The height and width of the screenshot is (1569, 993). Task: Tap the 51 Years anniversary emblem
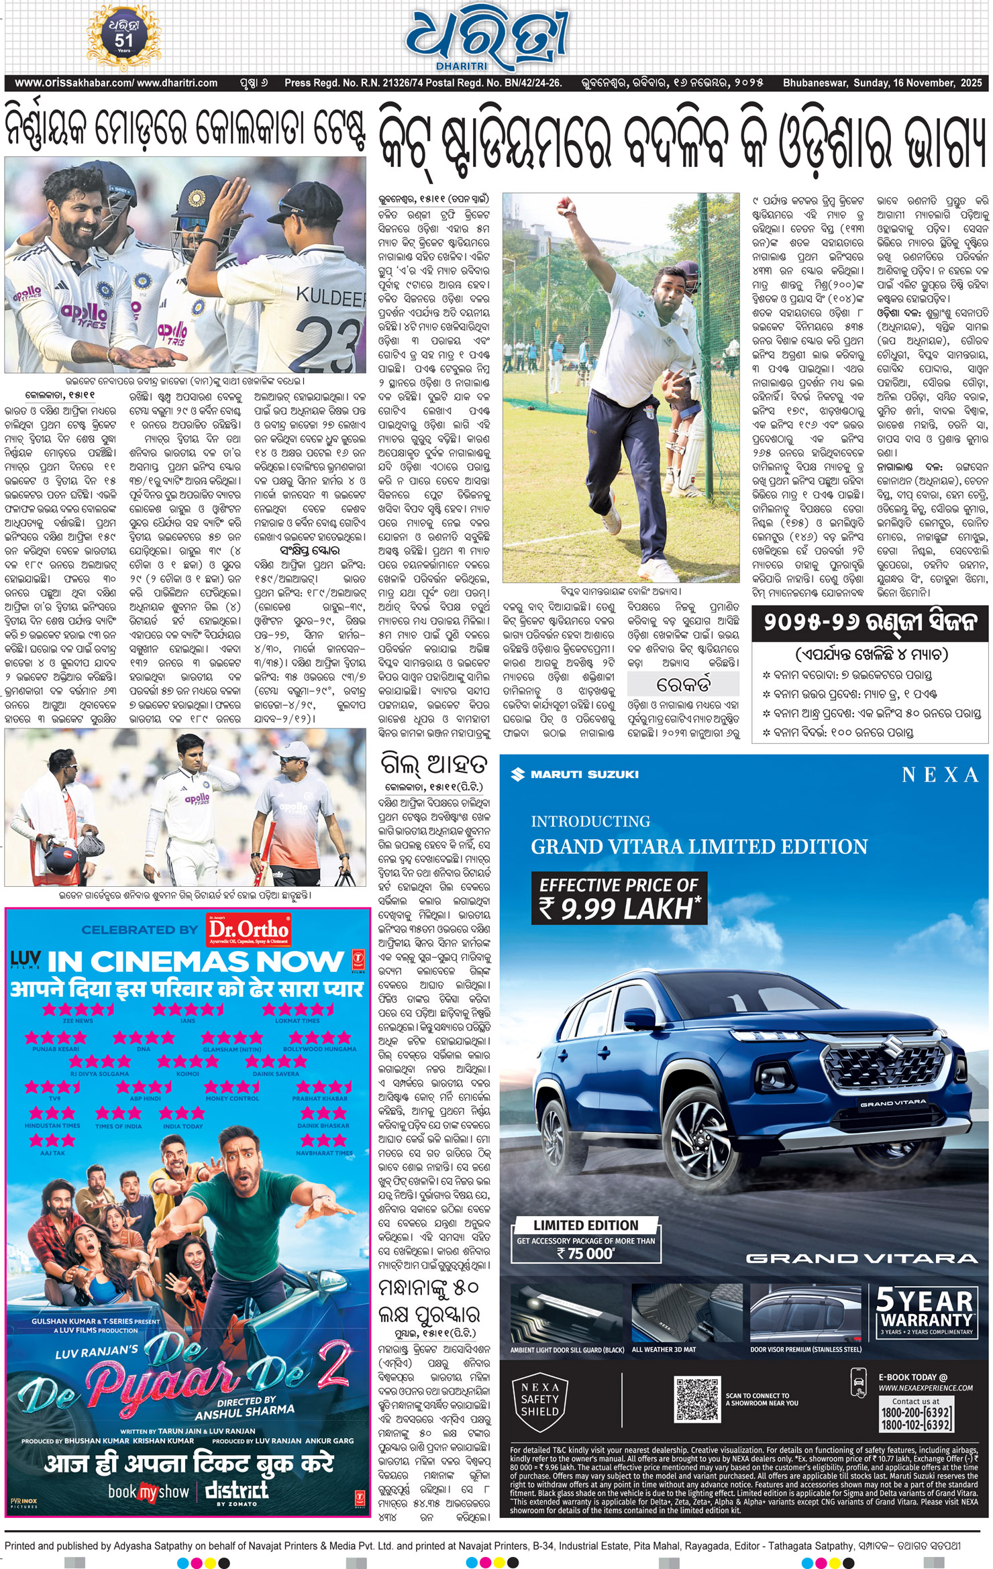tap(124, 38)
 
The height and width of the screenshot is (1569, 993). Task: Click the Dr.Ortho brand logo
tap(248, 930)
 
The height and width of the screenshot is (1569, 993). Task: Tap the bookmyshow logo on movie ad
tap(149, 1491)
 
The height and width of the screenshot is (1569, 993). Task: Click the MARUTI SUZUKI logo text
tap(576, 775)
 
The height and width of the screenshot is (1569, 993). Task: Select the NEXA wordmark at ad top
tap(940, 775)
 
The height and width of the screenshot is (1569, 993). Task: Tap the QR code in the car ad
tap(697, 1399)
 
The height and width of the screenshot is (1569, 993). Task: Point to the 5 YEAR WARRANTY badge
tap(925, 1311)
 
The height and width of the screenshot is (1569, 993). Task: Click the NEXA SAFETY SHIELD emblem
tap(539, 1400)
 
